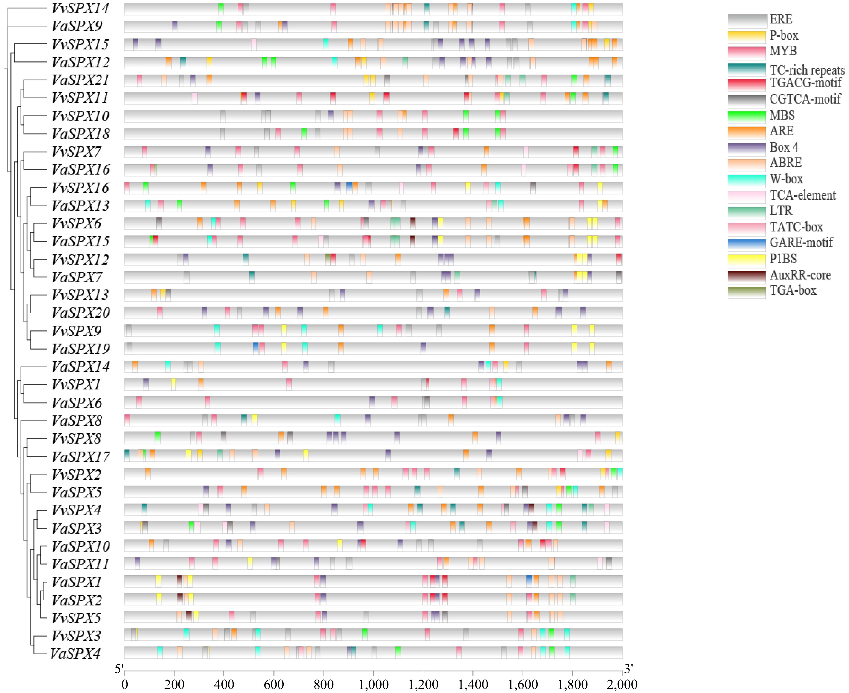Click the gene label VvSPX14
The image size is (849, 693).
coord(80,8)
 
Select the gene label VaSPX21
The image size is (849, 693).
coord(80,80)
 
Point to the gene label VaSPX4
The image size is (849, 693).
coord(75,654)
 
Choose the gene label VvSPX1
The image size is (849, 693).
coord(76,384)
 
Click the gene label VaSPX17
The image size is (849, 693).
coord(80,456)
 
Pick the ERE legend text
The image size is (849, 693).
coord(781,19)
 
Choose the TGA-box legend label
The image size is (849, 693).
coord(793,290)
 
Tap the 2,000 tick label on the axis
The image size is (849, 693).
coord(622,684)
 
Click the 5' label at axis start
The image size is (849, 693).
coord(119,669)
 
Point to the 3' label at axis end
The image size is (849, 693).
coord(628,669)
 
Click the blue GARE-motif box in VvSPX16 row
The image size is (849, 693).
coord(349,187)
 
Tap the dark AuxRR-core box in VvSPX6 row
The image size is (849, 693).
coord(413,223)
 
